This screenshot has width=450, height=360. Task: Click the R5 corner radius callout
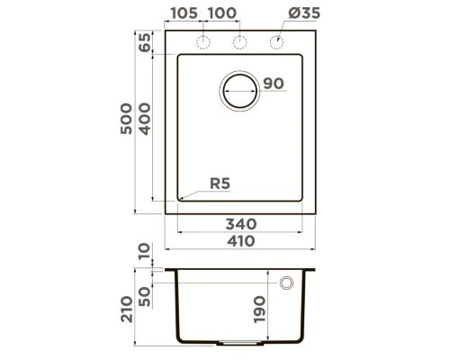coord(220,184)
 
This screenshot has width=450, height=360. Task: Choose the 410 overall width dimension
coord(240,240)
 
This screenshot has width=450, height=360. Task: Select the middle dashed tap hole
coord(240,43)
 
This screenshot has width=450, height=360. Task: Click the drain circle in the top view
coord(240,90)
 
